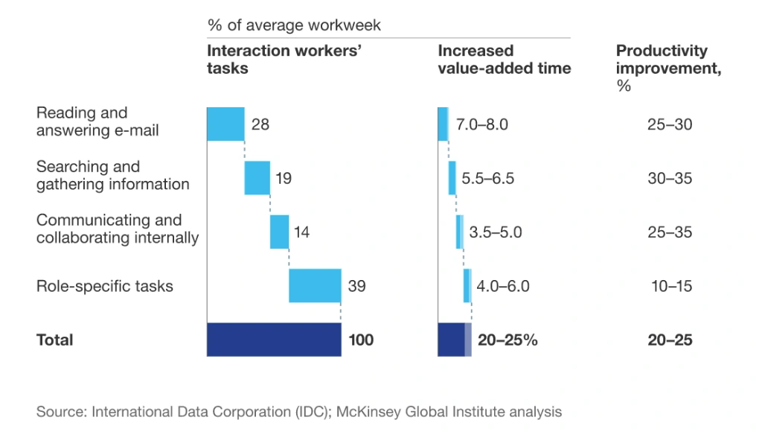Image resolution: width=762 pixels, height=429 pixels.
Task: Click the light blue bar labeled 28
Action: (225, 124)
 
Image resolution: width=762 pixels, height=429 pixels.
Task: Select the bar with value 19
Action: (257, 178)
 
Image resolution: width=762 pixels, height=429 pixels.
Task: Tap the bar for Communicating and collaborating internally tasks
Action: (279, 232)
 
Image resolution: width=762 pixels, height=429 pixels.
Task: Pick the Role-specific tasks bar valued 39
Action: (315, 285)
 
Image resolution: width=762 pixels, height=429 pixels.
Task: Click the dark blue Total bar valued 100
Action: (274, 340)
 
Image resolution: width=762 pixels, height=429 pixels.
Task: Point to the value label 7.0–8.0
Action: (482, 124)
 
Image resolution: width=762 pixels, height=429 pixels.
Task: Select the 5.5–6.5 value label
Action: (487, 179)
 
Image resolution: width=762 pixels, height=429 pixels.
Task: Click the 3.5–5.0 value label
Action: (495, 232)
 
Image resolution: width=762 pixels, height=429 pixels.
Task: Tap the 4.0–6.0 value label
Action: (502, 286)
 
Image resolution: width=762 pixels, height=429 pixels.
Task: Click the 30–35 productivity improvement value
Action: (670, 179)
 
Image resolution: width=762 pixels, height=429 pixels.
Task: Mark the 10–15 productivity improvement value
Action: (670, 286)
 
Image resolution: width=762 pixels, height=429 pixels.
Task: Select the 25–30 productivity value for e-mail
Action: (670, 124)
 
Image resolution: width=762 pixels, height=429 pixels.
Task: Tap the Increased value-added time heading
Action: (504, 60)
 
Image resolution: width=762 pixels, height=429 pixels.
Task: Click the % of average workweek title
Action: (294, 25)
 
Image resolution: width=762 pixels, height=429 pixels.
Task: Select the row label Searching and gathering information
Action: (112, 176)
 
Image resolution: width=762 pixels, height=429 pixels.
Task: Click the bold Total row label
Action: (55, 340)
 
